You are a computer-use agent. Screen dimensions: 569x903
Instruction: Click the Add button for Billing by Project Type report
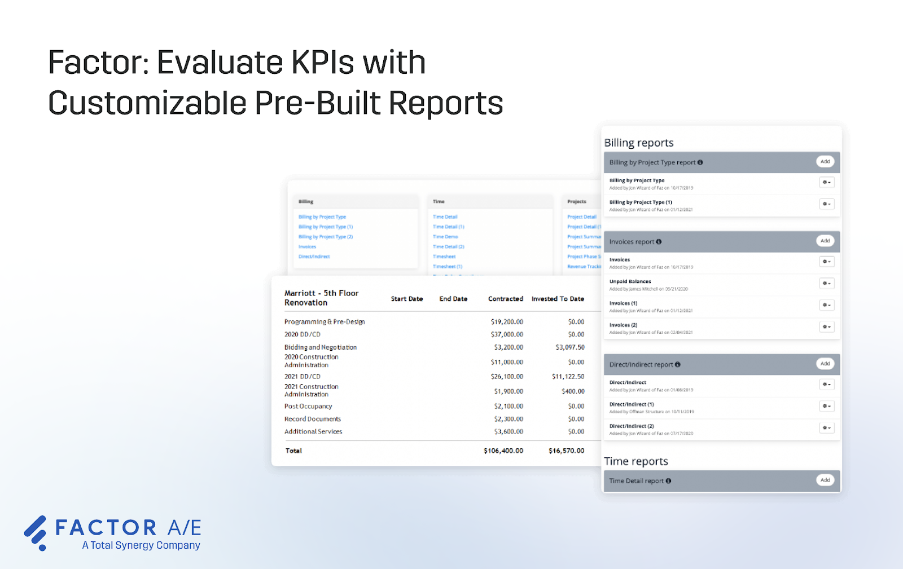click(x=825, y=162)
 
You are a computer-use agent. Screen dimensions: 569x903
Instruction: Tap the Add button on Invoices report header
click(x=825, y=241)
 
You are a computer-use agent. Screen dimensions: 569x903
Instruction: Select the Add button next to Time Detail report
click(x=825, y=480)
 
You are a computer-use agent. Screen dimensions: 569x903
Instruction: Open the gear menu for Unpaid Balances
click(x=826, y=283)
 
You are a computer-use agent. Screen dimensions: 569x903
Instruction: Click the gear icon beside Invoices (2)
click(x=826, y=327)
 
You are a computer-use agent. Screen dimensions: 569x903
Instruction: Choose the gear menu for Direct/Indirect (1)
click(x=826, y=406)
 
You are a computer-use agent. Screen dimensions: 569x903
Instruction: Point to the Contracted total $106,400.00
click(x=503, y=451)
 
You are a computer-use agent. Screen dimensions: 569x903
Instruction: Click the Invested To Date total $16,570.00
click(x=566, y=451)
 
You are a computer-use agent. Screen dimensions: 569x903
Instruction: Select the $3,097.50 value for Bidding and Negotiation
click(x=570, y=347)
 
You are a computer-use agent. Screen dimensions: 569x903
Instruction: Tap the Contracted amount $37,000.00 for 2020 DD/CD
click(x=507, y=334)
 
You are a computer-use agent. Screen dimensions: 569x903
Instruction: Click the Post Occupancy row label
click(x=308, y=406)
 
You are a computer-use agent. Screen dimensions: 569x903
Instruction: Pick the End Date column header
click(x=453, y=299)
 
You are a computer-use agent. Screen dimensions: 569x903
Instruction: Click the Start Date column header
click(x=407, y=299)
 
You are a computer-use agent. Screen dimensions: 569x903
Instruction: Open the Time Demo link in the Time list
click(x=445, y=237)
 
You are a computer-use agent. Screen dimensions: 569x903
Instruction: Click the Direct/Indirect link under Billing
click(x=314, y=257)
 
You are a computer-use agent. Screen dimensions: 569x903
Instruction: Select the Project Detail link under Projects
click(x=582, y=217)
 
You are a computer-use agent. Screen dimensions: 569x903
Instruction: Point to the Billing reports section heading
click(x=639, y=143)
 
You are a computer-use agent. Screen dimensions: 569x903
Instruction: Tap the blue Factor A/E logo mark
click(x=36, y=532)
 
